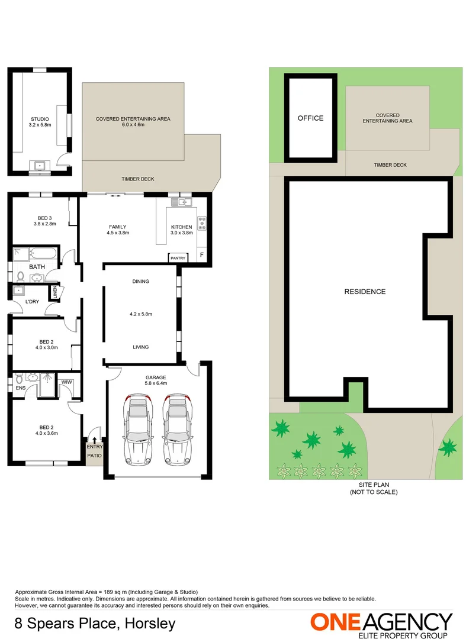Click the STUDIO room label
[x=39, y=119]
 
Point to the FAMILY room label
[x=117, y=227]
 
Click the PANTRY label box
[x=178, y=258]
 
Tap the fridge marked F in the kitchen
[x=202, y=256]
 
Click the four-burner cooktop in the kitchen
[x=201, y=224]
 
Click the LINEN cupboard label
[x=54, y=293]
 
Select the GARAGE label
[x=156, y=377]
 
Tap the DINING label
[x=140, y=281]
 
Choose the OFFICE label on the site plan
[x=310, y=118]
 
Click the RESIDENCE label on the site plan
[x=365, y=292]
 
